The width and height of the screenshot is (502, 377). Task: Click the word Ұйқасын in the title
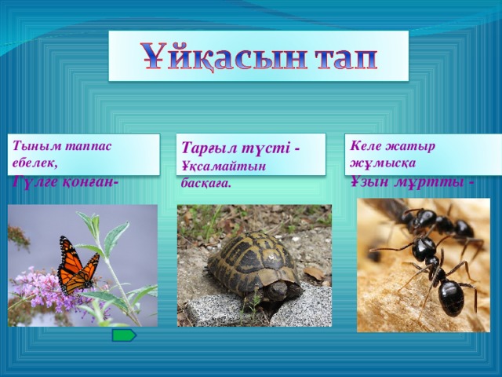point(216,57)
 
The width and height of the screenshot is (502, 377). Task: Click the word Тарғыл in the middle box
point(209,148)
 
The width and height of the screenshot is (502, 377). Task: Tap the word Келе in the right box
point(366,145)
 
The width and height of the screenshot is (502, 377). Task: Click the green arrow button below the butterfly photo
point(123,335)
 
